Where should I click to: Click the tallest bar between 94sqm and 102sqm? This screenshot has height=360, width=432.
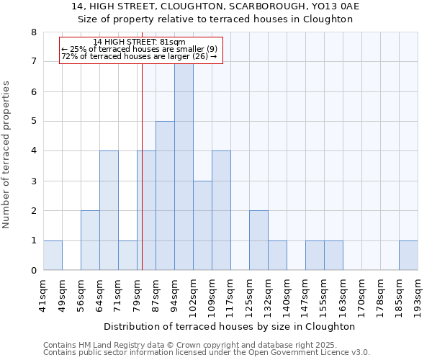tap(184, 166)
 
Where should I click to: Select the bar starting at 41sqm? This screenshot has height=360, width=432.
tap(53, 255)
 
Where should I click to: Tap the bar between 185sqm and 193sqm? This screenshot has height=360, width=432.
tap(408, 255)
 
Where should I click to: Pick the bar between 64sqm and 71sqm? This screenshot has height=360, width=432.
tap(109, 210)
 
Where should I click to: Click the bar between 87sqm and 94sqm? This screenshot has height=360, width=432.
tap(165, 196)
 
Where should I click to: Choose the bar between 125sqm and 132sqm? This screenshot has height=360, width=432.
tap(258, 240)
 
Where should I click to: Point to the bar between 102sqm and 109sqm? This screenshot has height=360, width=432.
tap(202, 225)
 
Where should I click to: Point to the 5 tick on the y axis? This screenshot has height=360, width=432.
tap(33, 121)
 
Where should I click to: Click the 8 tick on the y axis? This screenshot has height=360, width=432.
tap(33, 32)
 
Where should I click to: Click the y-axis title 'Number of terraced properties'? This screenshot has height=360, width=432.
tap(7, 154)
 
